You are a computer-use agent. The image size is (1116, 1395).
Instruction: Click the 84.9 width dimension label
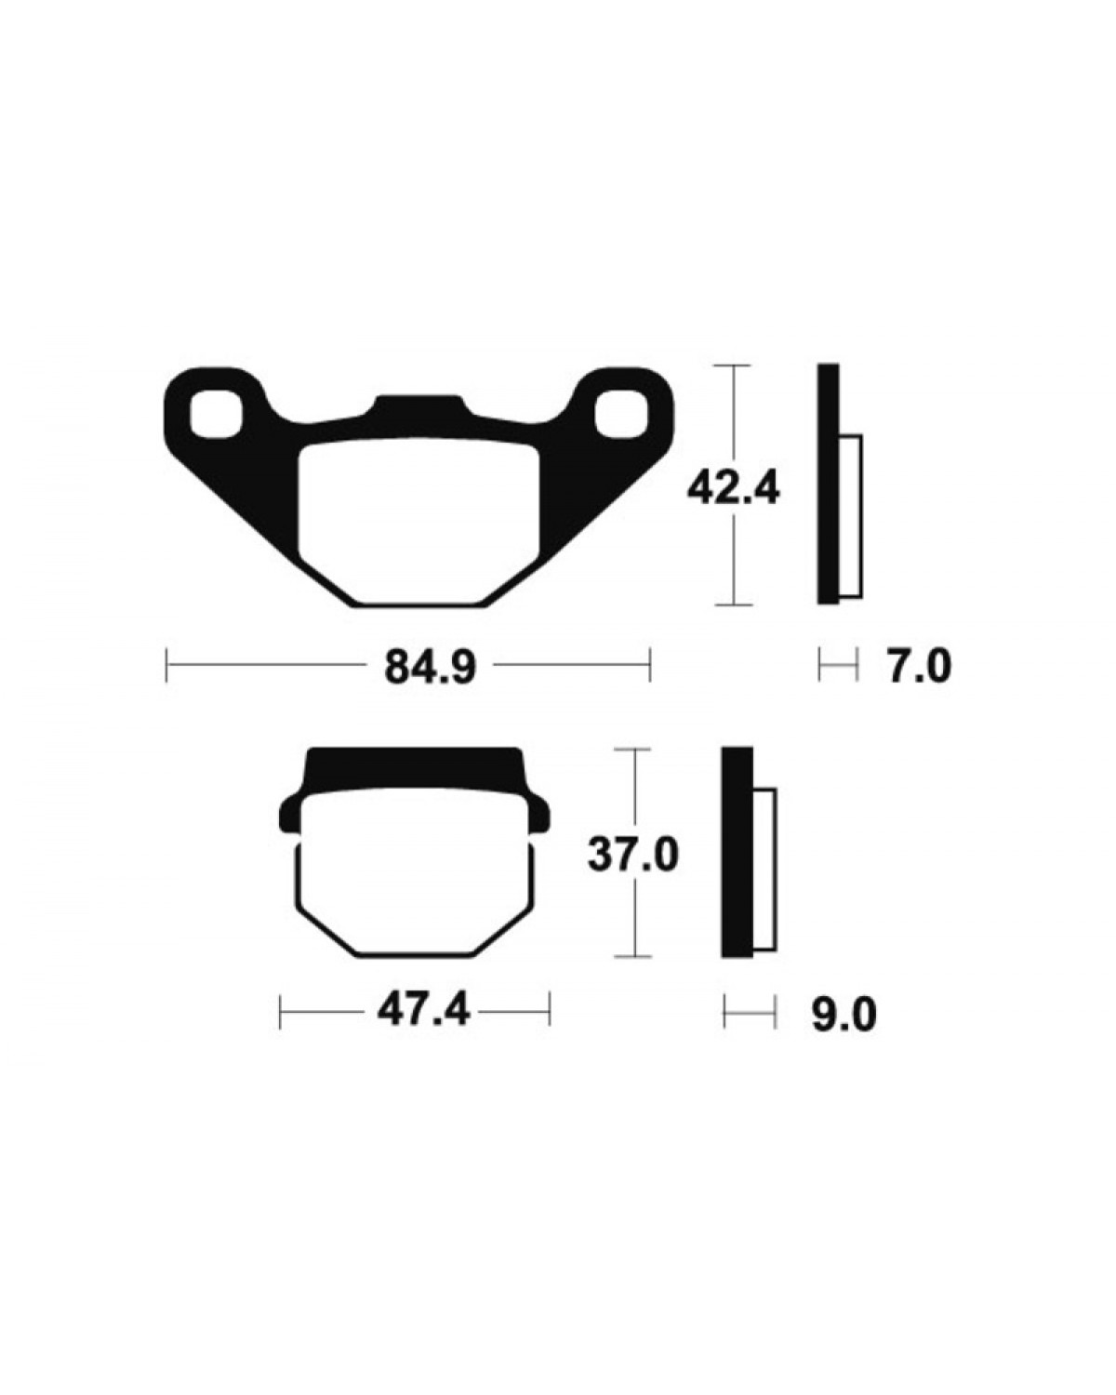click(x=430, y=667)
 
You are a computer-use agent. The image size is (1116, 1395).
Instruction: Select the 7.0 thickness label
click(x=919, y=667)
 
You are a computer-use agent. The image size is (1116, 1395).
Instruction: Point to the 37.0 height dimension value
click(x=633, y=855)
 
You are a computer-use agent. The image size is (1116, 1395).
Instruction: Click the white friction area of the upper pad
click(x=419, y=522)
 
